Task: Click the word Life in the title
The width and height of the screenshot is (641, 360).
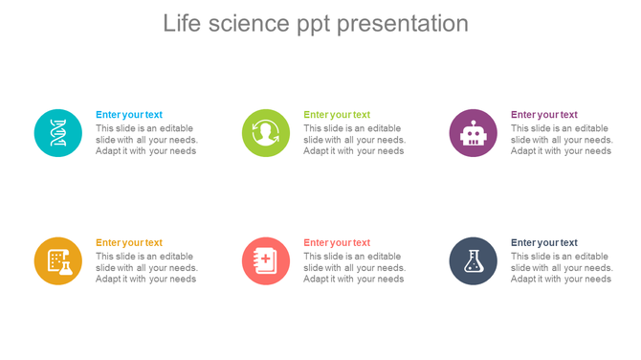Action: (x=181, y=23)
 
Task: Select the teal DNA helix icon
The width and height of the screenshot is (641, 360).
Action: (x=58, y=133)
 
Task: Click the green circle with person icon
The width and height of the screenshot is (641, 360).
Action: (x=266, y=133)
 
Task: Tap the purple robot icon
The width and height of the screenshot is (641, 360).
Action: (x=474, y=133)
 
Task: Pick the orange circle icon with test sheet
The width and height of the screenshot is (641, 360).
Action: (x=58, y=260)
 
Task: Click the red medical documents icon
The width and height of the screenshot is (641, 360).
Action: (x=266, y=260)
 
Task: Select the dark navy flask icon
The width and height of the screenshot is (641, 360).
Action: (x=474, y=260)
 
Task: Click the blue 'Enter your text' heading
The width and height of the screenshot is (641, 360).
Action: (x=129, y=115)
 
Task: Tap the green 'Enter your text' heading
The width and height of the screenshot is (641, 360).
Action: (x=337, y=115)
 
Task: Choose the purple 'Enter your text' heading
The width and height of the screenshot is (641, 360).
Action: (x=544, y=115)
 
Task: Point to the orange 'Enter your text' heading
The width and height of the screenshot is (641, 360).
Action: (x=129, y=243)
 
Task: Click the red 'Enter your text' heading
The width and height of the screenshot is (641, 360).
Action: (x=337, y=243)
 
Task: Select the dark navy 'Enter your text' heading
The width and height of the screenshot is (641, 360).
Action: (x=544, y=243)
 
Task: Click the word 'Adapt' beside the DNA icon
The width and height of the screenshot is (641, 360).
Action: (x=109, y=151)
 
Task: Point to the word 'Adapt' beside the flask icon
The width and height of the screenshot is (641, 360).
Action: (x=524, y=280)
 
